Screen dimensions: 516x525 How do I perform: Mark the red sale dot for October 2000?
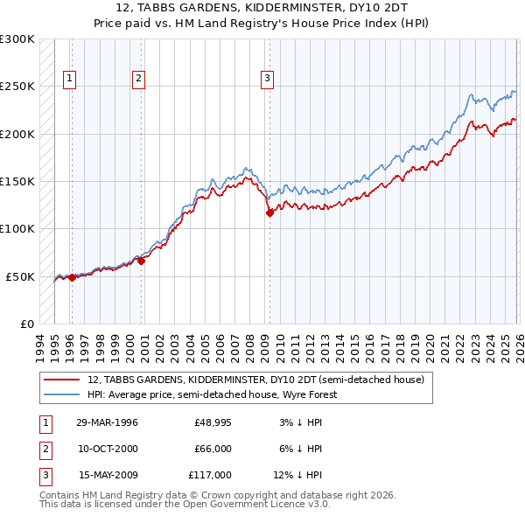(141, 261)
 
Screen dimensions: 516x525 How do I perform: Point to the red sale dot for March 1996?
(72, 277)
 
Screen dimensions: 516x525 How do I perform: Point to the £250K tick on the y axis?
(17, 87)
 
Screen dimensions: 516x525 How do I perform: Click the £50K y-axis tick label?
(20, 276)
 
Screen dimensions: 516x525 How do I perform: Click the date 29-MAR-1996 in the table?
(107, 422)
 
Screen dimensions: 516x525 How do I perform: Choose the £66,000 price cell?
(213, 449)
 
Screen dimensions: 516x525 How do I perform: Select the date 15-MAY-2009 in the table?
(107, 475)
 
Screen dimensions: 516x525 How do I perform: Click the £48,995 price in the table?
(213, 422)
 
